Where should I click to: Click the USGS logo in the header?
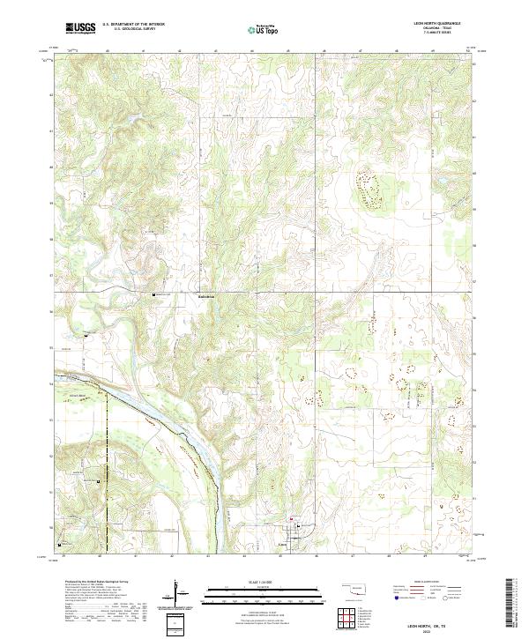point(81,28)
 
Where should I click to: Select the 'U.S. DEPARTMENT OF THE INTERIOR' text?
point(133,25)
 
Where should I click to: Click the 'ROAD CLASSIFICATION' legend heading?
point(433,582)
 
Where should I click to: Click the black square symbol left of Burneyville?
point(155,294)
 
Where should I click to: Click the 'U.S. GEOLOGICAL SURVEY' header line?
point(129,30)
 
